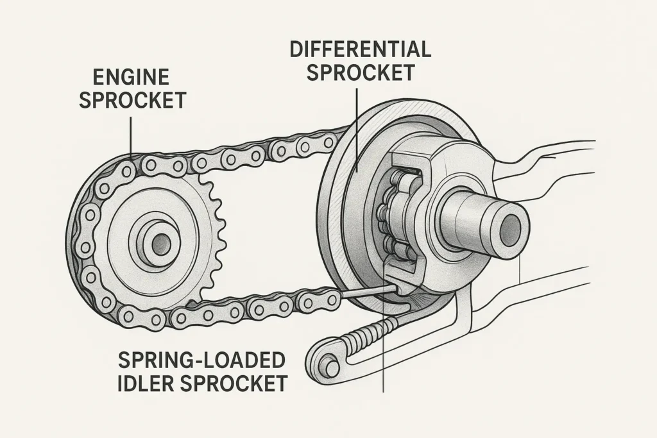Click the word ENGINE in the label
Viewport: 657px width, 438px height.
(x=132, y=78)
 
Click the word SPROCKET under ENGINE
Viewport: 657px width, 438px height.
(x=132, y=100)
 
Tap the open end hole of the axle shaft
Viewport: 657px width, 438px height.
(x=511, y=226)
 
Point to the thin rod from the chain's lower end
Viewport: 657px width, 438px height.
(x=366, y=292)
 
